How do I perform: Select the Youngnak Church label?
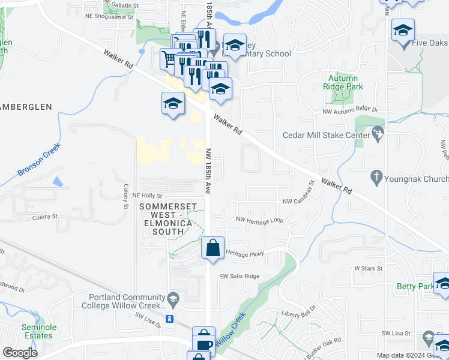[417, 179]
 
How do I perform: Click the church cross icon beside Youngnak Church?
[376, 177]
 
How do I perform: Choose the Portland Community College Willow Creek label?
[126, 301]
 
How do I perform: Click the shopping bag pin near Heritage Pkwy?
[213, 247]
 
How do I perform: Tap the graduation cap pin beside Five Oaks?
[402, 30]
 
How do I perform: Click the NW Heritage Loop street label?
[259, 220]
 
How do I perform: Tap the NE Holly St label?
[148, 196]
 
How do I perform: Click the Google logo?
[20, 353]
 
